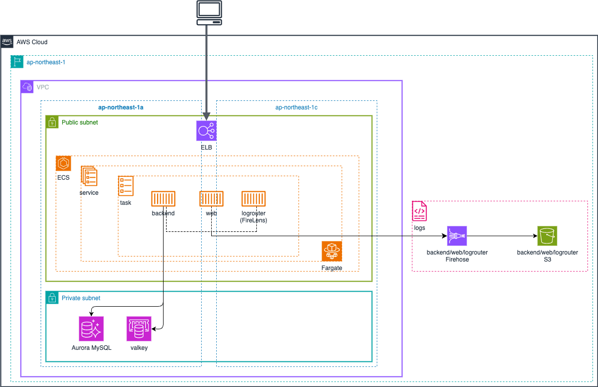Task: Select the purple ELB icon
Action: pyautogui.click(x=206, y=131)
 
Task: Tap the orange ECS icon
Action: pyautogui.click(x=64, y=164)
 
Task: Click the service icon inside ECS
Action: pyautogui.click(x=89, y=177)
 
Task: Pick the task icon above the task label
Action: pyautogui.click(x=125, y=186)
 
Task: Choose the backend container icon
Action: pyautogui.click(x=163, y=199)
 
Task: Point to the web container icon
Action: pyautogui.click(x=211, y=199)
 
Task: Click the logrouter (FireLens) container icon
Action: pyautogui.click(x=253, y=199)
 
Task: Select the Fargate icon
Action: pyautogui.click(x=332, y=251)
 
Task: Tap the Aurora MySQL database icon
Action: pyautogui.click(x=92, y=329)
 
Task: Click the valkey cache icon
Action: pyautogui.click(x=138, y=329)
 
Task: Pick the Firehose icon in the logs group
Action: pyautogui.click(x=457, y=236)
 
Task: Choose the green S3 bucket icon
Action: pyautogui.click(x=547, y=236)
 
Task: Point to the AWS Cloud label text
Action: pyautogui.click(x=32, y=42)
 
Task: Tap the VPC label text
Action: pyautogui.click(x=43, y=87)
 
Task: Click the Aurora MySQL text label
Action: pyautogui.click(x=91, y=348)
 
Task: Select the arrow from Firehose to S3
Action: pyautogui.click(x=502, y=236)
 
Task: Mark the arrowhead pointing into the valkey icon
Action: pyautogui.click(x=154, y=329)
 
